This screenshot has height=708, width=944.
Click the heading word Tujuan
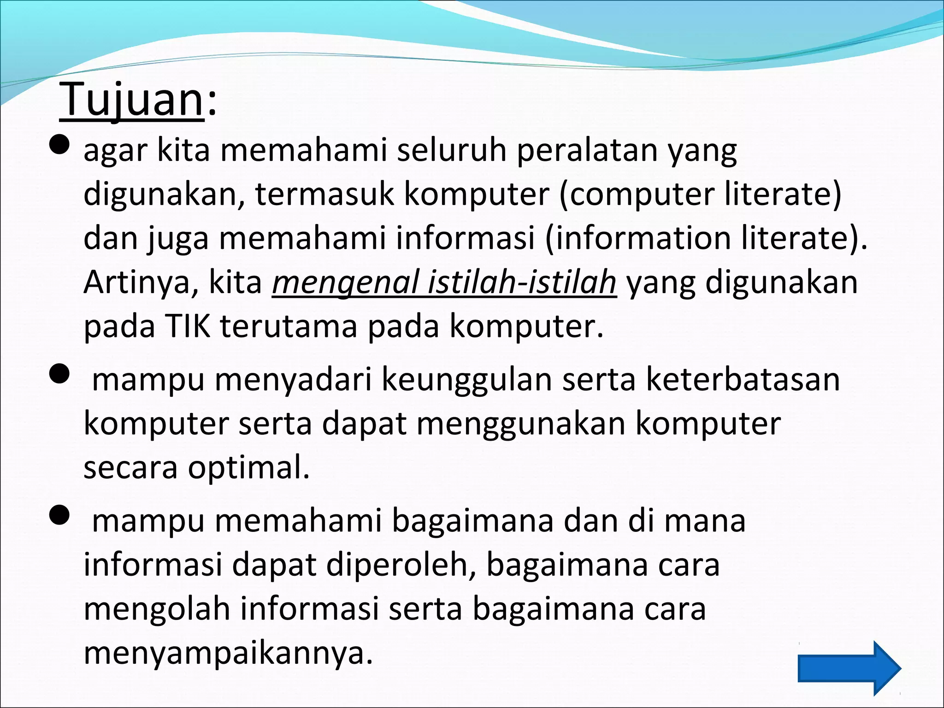131,100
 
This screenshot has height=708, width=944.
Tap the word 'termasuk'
324,194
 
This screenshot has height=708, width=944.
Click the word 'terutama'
289,326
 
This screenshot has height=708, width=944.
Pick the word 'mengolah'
157,608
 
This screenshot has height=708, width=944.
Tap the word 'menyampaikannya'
228,653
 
